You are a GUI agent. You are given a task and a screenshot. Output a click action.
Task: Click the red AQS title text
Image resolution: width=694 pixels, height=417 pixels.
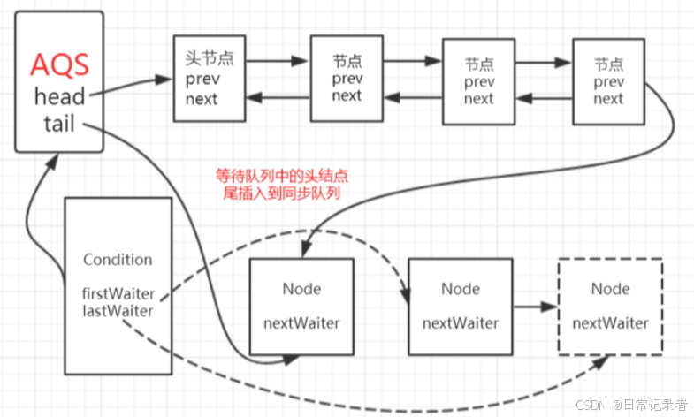59,64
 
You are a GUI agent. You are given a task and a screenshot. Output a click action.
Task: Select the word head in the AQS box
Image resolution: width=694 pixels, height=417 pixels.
59,94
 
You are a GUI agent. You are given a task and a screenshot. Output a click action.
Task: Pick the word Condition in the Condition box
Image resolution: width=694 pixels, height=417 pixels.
118,260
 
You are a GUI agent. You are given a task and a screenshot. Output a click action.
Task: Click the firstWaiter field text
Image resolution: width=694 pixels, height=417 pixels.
118,292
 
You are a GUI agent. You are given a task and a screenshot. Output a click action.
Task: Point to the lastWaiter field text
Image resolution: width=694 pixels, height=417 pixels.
118,310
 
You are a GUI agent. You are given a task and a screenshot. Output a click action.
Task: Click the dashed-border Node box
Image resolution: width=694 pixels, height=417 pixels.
609,307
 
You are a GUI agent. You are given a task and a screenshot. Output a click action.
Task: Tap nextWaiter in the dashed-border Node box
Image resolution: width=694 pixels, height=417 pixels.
609,323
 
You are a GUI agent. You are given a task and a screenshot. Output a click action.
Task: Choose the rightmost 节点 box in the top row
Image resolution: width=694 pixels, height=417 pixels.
608,81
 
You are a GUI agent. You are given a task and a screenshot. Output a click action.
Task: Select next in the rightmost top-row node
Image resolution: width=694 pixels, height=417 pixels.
608,99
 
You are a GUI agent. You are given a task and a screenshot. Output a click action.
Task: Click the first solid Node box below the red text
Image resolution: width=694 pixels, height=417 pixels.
301,307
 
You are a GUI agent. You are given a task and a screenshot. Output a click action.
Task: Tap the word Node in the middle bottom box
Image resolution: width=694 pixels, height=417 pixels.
461,289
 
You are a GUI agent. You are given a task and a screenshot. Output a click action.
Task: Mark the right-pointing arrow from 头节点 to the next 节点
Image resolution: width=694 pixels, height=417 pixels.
276,63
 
